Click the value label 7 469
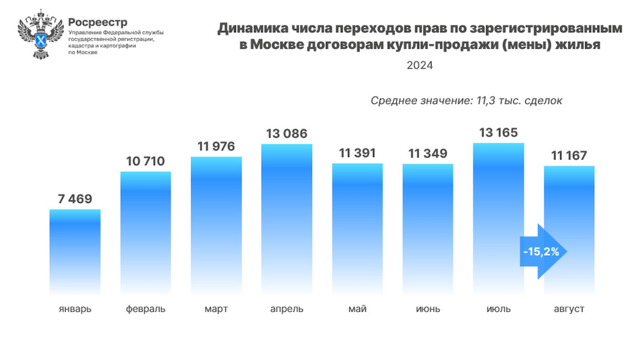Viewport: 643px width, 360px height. click(x=75, y=199)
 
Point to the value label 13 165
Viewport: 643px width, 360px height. click(x=498, y=133)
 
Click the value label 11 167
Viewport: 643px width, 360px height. click(x=569, y=155)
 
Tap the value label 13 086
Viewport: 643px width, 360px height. click(x=286, y=134)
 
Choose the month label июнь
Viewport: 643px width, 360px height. click(x=428, y=309)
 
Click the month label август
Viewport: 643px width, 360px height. click(x=569, y=309)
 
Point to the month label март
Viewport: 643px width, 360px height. click(x=216, y=309)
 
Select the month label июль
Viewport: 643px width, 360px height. click(x=498, y=309)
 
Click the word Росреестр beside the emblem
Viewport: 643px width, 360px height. click(x=97, y=22)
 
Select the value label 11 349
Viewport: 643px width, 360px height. click(x=428, y=154)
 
